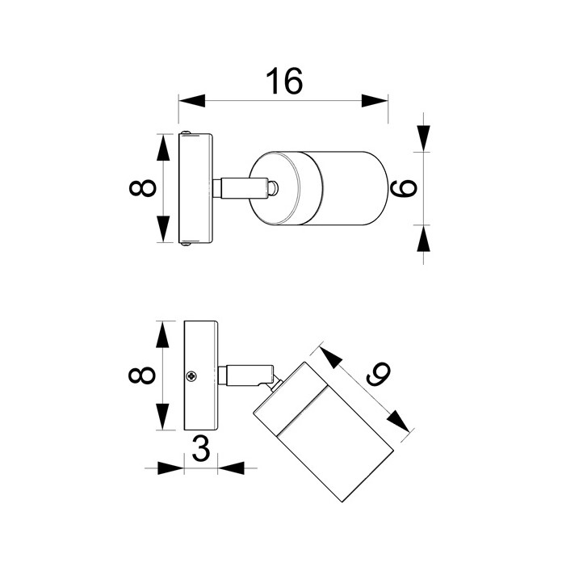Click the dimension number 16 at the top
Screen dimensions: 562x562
point(284,81)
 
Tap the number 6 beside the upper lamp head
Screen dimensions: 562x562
point(404,188)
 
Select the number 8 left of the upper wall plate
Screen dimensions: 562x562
point(143,188)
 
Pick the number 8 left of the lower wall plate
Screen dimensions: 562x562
point(142,375)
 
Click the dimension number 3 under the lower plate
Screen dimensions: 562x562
point(201,448)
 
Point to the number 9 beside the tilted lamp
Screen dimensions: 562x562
point(378,374)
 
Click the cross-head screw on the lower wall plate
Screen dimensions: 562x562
point(191,376)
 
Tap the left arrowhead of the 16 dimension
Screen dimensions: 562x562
point(191,101)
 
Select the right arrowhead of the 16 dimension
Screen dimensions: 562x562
point(375,101)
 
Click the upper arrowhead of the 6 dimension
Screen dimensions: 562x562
point(423,139)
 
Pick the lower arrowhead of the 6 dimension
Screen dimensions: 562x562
point(423,238)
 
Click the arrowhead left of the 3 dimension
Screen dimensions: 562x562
point(170,468)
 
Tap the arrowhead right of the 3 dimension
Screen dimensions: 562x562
point(231,468)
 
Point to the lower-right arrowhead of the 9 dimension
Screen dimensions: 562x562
point(399,421)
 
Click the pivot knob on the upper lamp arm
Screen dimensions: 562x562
point(273,188)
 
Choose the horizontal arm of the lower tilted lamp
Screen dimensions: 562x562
point(245,375)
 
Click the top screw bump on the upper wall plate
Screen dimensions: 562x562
point(186,132)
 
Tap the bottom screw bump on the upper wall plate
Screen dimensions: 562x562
point(186,244)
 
